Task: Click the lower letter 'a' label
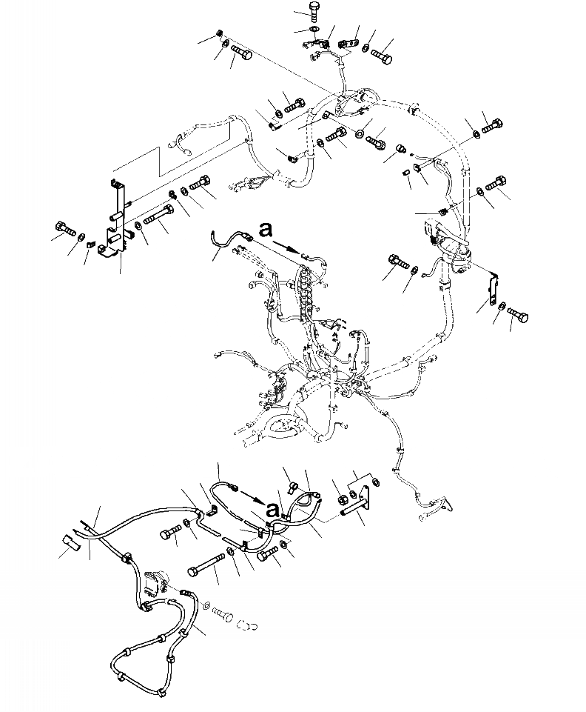tap(274, 509)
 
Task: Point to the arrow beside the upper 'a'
tap(286, 244)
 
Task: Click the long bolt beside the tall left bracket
tap(156, 217)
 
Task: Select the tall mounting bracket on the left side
tap(116, 219)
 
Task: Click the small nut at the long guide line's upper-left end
tap(220, 33)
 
